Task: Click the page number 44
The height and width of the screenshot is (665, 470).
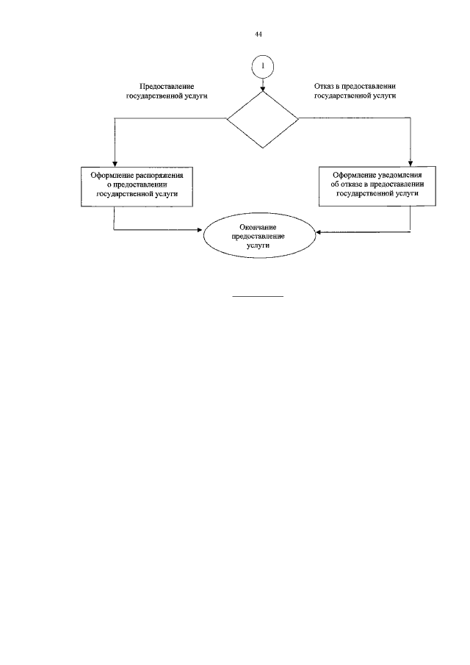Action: (259, 35)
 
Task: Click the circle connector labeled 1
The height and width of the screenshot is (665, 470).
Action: (263, 66)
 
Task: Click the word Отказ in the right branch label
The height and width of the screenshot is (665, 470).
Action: (324, 87)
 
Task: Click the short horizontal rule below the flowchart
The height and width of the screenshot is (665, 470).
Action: (258, 297)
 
